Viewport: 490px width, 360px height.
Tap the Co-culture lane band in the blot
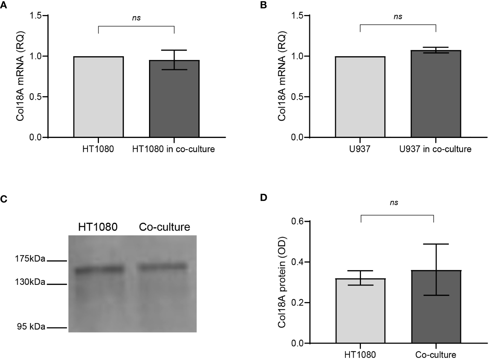coord(162,267)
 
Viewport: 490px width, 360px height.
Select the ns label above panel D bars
coord(394,203)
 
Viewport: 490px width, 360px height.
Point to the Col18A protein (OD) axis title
coord(282,282)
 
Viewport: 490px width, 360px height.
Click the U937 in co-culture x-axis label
coord(435,149)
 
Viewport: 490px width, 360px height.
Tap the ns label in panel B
coord(398,16)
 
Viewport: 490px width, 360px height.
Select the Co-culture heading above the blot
coord(164,227)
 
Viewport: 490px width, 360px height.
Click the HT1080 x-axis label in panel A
coord(98,149)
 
